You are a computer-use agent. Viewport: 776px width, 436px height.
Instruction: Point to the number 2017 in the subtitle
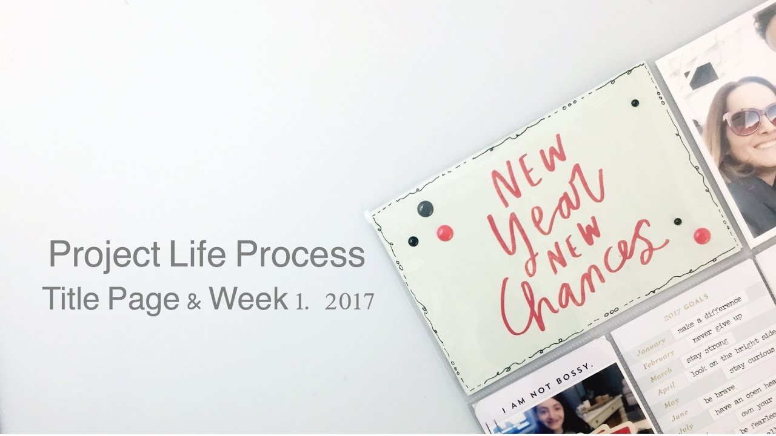tap(349, 302)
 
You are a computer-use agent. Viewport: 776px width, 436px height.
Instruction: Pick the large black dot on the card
tap(426, 208)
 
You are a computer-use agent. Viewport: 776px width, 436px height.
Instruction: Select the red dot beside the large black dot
tap(444, 233)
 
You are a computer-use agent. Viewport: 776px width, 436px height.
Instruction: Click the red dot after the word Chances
tap(702, 236)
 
